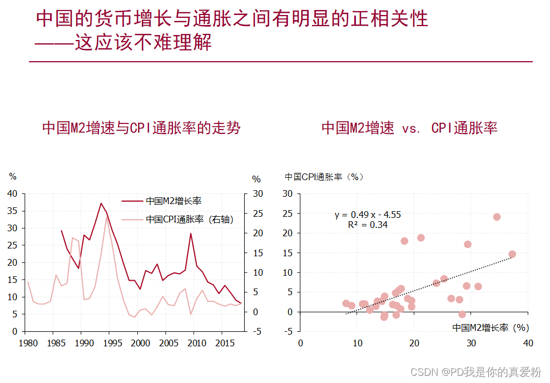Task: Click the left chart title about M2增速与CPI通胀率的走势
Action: click(x=141, y=128)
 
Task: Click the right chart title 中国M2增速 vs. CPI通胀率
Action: click(x=409, y=128)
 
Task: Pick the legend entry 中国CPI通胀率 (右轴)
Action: click(x=190, y=219)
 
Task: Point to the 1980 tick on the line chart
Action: click(x=28, y=343)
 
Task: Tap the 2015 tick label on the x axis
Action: click(x=224, y=343)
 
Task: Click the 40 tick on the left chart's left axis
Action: click(x=13, y=193)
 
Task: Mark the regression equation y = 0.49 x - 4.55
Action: click(x=368, y=215)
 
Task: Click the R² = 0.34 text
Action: click(x=368, y=225)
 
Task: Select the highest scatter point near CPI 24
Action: click(x=497, y=217)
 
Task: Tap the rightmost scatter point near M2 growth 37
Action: click(x=512, y=254)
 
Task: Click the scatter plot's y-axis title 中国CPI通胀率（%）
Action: click(x=324, y=177)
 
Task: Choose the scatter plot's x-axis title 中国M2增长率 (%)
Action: click(x=490, y=327)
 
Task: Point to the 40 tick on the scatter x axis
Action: click(x=528, y=343)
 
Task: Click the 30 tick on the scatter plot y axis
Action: click(x=288, y=193)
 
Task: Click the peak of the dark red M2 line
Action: click(x=101, y=203)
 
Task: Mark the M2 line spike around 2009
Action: click(x=191, y=233)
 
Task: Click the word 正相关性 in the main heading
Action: click(x=392, y=18)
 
